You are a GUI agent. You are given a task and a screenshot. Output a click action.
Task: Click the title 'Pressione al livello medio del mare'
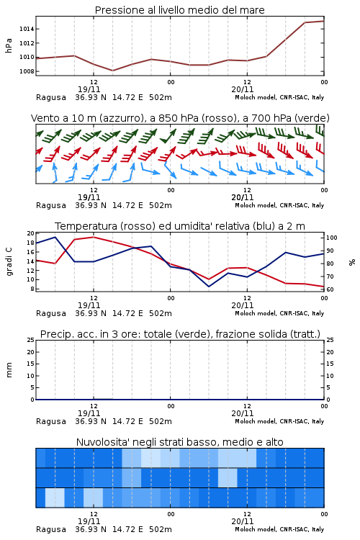(179, 10)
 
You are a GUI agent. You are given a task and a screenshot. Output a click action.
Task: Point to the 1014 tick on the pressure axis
(27, 29)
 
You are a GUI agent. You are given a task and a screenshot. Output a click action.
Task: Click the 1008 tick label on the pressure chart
(27, 71)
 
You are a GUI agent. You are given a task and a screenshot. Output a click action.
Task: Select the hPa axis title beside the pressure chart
(9, 45)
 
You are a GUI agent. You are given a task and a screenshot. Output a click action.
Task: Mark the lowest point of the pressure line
(112, 71)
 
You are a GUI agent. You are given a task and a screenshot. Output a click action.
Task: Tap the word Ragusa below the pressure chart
(51, 97)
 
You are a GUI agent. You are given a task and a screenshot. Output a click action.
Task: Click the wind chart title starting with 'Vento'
(180, 118)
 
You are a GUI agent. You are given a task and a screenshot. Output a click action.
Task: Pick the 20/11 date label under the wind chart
(243, 198)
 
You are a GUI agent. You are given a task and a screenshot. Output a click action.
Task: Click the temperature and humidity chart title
(180, 226)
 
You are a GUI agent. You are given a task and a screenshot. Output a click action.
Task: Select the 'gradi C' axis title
(9, 262)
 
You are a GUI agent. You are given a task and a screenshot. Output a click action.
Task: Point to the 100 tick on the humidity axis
(332, 238)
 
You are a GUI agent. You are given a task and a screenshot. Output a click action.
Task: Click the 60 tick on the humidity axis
(330, 289)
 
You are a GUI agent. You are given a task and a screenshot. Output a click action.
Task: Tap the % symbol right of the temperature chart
(352, 262)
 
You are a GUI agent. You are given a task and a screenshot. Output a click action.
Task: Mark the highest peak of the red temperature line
(94, 237)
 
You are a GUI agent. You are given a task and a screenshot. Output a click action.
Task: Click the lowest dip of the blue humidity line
(208, 287)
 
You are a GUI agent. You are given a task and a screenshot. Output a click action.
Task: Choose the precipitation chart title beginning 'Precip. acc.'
(180, 334)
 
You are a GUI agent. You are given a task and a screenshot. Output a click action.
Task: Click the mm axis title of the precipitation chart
(9, 370)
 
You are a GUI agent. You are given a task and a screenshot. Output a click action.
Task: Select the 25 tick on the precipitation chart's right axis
(330, 340)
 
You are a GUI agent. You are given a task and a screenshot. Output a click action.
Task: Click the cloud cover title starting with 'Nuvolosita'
(180, 442)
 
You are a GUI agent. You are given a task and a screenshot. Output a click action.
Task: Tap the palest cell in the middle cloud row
(228, 477)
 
